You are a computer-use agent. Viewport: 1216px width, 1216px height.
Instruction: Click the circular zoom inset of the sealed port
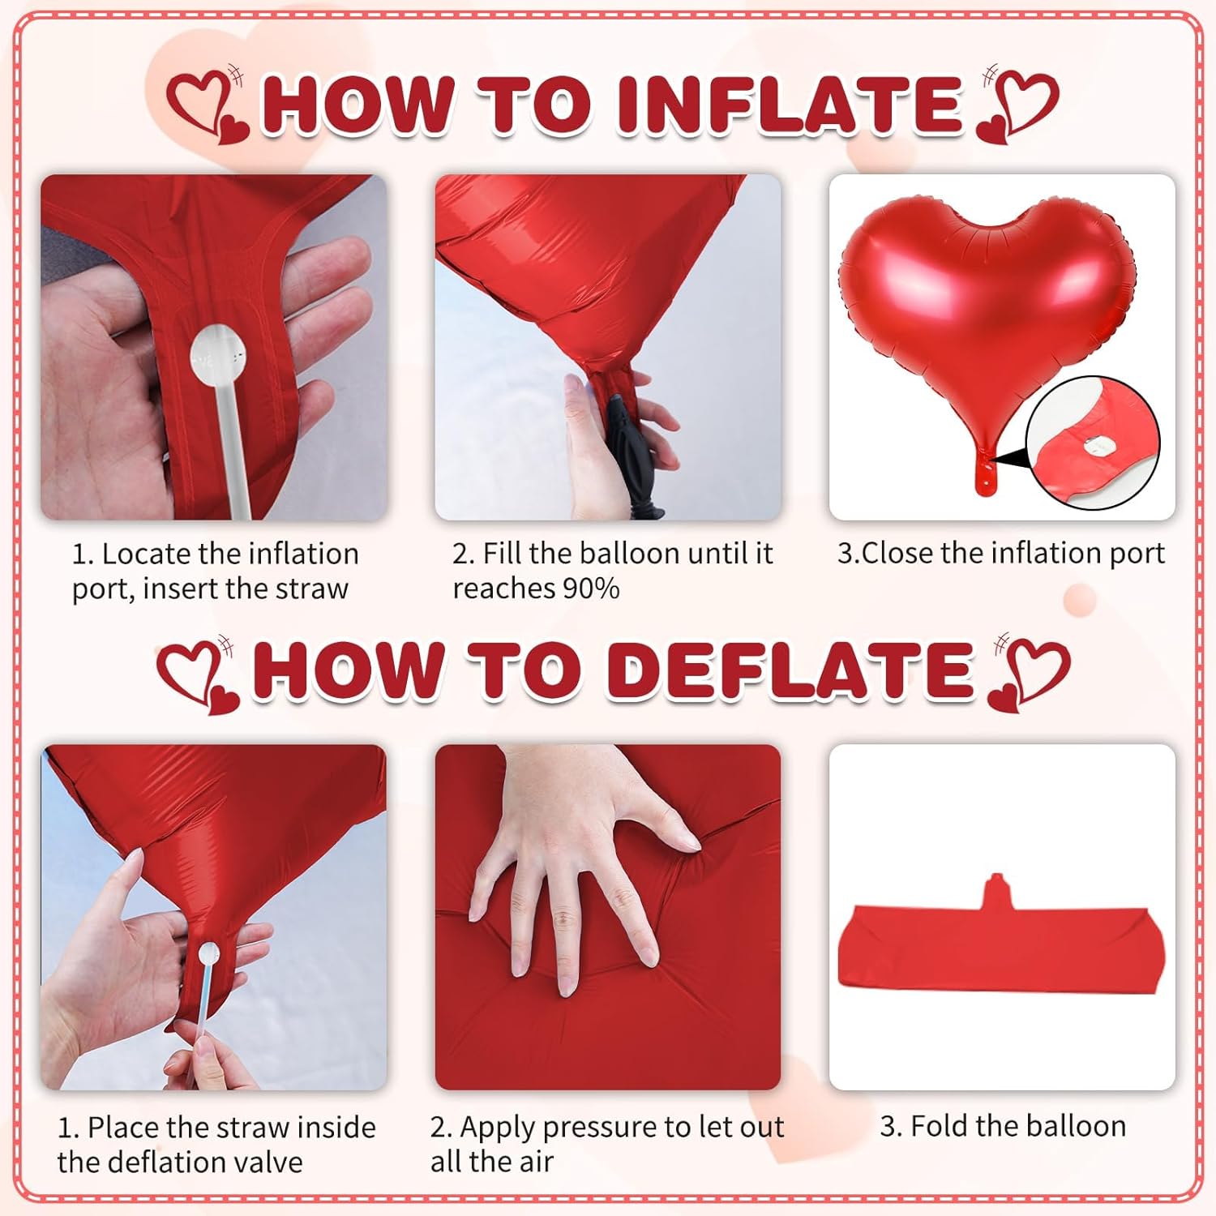click(x=1092, y=443)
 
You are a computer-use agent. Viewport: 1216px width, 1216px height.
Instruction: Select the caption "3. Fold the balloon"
click(x=1003, y=1126)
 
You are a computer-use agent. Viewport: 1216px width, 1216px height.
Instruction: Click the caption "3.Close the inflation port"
click(x=1001, y=554)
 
